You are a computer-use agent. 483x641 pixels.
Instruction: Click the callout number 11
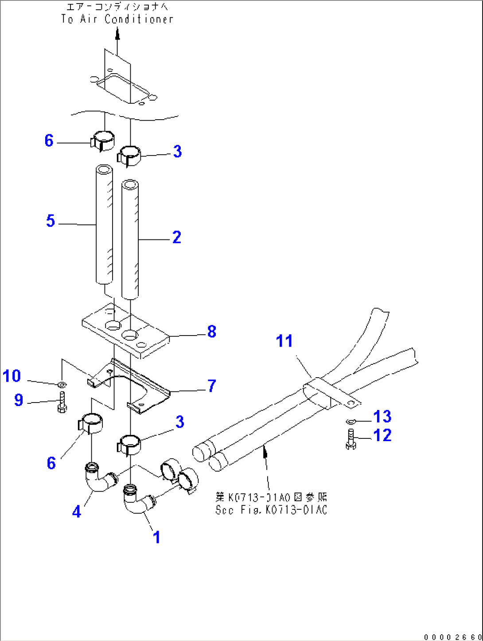(284, 341)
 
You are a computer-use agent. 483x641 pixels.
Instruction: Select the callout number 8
(212, 332)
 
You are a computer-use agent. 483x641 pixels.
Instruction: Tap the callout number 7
(212, 386)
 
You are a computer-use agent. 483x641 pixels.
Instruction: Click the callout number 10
(12, 376)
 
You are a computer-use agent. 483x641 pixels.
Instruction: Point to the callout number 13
(382, 417)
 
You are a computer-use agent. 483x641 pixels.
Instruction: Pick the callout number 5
(51, 221)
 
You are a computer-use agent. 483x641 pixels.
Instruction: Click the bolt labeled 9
(62, 402)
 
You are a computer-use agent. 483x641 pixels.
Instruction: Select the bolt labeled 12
(351, 439)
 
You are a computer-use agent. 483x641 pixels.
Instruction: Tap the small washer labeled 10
(62, 383)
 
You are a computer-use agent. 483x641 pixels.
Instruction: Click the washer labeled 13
(350, 421)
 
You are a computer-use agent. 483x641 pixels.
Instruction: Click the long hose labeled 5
(104, 226)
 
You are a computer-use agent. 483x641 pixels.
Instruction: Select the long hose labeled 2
(130, 239)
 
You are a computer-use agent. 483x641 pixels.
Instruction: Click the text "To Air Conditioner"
(117, 19)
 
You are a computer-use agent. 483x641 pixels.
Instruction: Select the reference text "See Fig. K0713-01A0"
(271, 510)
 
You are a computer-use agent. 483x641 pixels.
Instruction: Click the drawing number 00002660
(452, 637)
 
